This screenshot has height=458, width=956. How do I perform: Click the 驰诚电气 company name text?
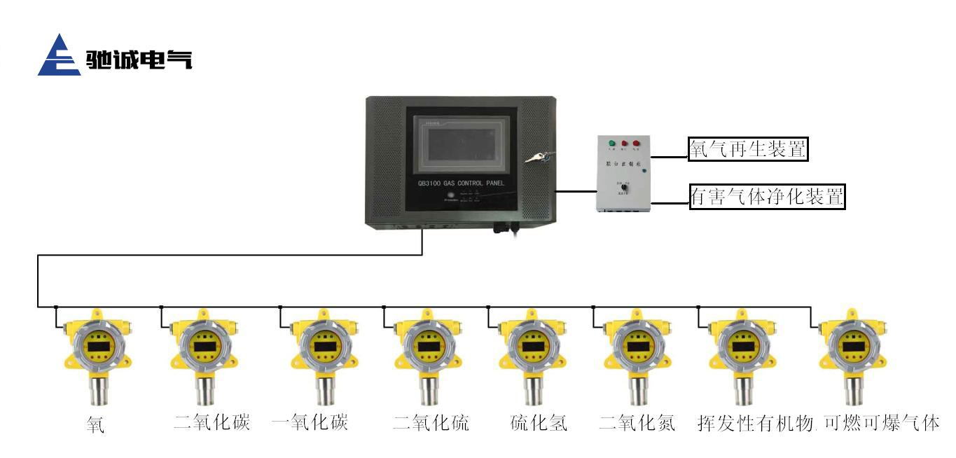click(x=139, y=60)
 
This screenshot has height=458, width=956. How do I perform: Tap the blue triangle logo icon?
click(x=60, y=55)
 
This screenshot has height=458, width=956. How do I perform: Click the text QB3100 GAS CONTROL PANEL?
click(x=461, y=183)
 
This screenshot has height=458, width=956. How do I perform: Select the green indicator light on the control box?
click(x=611, y=144)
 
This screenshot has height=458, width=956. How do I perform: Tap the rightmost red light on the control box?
click(x=636, y=144)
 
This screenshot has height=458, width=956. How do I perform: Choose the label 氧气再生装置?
click(x=748, y=148)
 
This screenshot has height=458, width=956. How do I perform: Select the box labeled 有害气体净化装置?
click(x=767, y=197)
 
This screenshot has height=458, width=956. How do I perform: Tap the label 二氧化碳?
click(x=212, y=422)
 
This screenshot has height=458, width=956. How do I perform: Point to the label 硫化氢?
click(x=538, y=422)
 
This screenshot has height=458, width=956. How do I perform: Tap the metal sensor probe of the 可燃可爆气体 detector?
click(x=853, y=389)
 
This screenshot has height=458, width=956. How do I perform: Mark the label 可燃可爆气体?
click(x=881, y=422)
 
